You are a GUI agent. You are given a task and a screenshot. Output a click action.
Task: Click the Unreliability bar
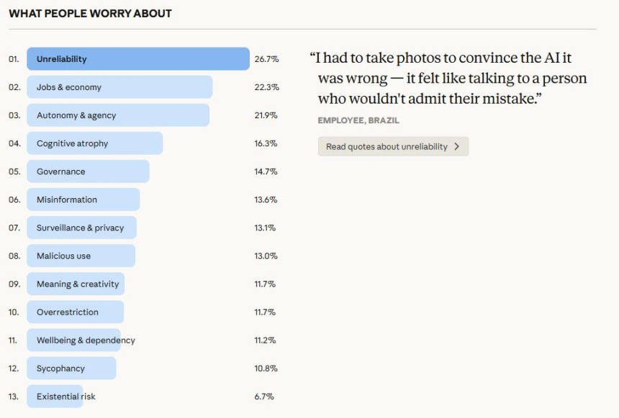[x=137, y=59]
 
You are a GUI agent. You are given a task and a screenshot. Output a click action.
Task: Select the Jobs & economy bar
[x=119, y=87]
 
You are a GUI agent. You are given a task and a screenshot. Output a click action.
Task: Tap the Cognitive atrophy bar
[x=94, y=143]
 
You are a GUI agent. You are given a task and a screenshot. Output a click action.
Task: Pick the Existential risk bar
[x=55, y=396]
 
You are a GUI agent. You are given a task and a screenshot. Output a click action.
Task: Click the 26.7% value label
[x=266, y=59]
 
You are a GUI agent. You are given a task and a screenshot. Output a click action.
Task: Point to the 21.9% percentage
[x=266, y=115]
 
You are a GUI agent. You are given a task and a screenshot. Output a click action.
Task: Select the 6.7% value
[x=264, y=396]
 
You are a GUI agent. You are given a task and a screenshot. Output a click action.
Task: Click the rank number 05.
[x=14, y=172]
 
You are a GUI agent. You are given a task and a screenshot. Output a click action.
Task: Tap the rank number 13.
[x=14, y=396]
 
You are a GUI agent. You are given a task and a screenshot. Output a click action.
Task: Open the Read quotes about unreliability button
[x=393, y=146]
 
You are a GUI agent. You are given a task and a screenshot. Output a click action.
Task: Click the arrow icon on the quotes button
[x=456, y=146]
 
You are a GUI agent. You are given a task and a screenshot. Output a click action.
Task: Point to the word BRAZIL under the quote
[x=384, y=120]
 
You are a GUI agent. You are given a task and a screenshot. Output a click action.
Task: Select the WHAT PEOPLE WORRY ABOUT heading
[x=90, y=14]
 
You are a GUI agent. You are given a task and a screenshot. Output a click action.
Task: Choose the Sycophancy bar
[x=71, y=368]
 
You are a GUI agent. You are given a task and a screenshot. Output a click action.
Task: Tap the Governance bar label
[x=61, y=172]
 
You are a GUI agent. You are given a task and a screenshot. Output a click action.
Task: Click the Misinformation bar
[x=83, y=200]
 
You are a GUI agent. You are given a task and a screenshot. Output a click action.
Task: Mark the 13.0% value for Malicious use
[x=266, y=256]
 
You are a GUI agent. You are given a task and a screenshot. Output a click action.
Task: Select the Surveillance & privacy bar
[x=81, y=228]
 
